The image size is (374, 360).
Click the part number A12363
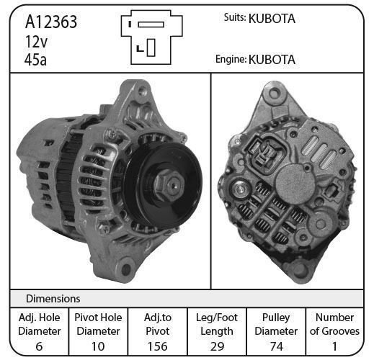pyautogui.click(x=51, y=22)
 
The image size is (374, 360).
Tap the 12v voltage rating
pyautogui.click(x=36, y=41)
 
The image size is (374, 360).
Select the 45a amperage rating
pyautogui.click(x=35, y=60)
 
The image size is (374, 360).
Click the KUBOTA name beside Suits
pyautogui.click(x=272, y=19)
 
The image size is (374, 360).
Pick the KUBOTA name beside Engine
pyautogui.click(x=272, y=60)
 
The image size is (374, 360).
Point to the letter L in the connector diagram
pyautogui.click(x=140, y=48)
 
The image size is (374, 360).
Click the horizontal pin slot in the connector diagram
pyautogui.click(x=151, y=24)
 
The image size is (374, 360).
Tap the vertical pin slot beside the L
pyautogui.click(x=151, y=48)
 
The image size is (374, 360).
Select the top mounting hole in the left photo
pyautogui.click(x=143, y=91)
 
